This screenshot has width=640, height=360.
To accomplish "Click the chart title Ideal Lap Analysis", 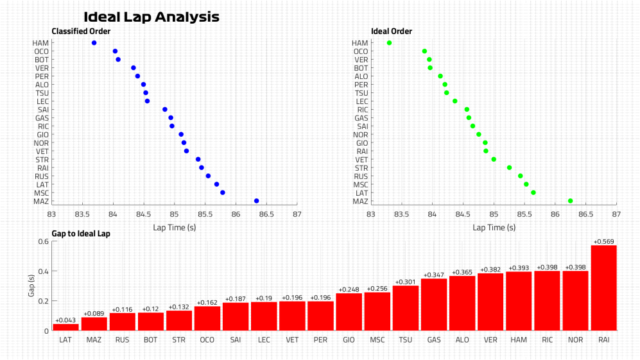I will (151, 17).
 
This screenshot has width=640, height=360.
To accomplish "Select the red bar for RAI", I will (603, 288).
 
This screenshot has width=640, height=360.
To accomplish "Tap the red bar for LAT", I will (65, 327).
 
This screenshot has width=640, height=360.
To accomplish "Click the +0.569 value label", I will (603, 241).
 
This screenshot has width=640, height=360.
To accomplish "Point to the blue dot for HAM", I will (94, 43).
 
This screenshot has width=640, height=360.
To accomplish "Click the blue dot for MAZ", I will (257, 201).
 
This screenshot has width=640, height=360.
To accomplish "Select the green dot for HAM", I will (389, 43).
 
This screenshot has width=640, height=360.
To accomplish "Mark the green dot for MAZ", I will (570, 201).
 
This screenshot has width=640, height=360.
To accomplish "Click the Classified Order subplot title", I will (81, 31).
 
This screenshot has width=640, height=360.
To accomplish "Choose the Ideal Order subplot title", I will (392, 31).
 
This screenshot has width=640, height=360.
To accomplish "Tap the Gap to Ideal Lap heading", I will (81, 234).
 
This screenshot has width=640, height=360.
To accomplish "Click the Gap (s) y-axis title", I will (30, 286).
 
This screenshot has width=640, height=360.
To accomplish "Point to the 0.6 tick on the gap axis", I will (43, 241).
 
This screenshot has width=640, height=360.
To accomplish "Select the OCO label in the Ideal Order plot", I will (361, 51).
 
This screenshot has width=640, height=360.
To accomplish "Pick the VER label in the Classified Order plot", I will (41, 68).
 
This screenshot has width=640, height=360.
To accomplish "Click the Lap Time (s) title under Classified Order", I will (174, 227).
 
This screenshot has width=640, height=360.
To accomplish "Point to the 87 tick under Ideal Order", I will (616, 214).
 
